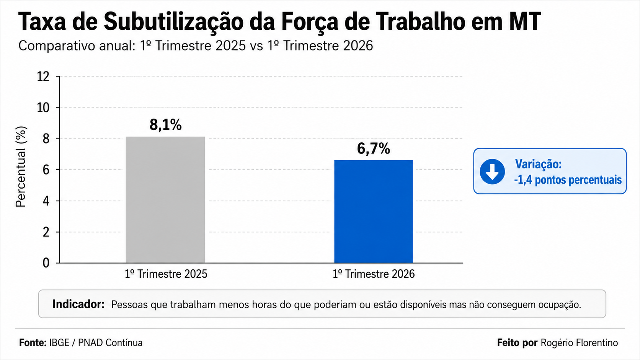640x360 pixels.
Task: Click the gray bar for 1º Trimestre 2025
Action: click(x=165, y=200)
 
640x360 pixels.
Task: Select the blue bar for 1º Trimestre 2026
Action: click(x=374, y=212)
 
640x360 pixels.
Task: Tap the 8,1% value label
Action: click(x=166, y=125)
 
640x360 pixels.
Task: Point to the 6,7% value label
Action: click(x=374, y=148)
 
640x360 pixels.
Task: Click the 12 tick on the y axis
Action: click(x=43, y=77)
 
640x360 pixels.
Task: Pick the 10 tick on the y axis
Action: click(x=43, y=108)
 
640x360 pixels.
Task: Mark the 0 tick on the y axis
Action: click(x=46, y=263)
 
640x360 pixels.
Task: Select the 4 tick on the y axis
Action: click(x=46, y=201)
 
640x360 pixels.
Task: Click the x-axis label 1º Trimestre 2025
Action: click(x=166, y=274)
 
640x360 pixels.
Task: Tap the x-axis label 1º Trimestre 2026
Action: click(x=374, y=274)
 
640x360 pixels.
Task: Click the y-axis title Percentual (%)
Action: click(x=21, y=167)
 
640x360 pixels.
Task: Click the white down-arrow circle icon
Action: click(x=492, y=171)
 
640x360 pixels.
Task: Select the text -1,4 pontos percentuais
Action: click(x=568, y=180)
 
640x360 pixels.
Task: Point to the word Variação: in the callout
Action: click(x=538, y=164)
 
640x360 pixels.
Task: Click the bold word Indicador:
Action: click(x=78, y=304)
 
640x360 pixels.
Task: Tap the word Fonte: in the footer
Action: click(x=33, y=342)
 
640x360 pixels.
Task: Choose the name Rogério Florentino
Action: click(x=580, y=342)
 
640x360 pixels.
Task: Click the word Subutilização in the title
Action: click(x=173, y=22)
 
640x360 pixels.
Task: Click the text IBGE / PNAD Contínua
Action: click(x=96, y=342)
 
